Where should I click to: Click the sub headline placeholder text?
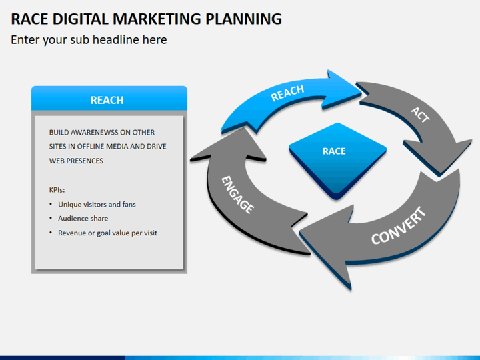89,40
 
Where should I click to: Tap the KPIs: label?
58,189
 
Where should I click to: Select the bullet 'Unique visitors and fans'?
97,204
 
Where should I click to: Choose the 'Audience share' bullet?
83,218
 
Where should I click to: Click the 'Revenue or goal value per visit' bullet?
107,233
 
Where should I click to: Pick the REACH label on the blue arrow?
287,93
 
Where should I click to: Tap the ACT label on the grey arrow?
420,115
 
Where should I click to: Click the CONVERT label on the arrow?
398,227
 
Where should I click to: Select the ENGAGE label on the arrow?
238,194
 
